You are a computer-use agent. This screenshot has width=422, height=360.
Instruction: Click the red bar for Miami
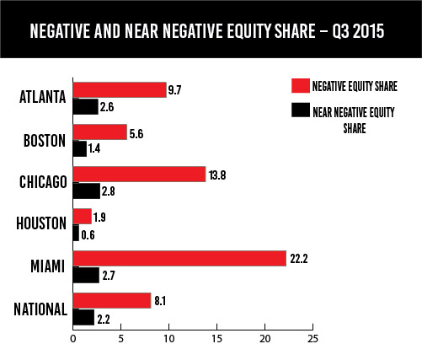(179, 258)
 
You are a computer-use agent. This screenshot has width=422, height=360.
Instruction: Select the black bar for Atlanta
(86, 106)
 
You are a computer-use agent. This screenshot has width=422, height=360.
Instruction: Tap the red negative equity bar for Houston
(83, 217)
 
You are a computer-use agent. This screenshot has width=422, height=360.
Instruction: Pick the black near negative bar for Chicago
(87, 191)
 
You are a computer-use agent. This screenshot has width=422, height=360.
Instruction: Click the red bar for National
(112, 300)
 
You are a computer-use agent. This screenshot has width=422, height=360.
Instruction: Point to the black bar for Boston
(80, 148)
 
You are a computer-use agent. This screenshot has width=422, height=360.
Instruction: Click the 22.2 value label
(299, 259)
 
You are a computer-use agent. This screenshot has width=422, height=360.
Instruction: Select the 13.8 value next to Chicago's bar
(217, 175)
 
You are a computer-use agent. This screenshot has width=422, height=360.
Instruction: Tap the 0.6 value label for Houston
(88, 235)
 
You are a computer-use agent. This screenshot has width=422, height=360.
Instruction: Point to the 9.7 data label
(174, 90)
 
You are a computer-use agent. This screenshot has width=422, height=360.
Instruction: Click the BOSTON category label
(45, 141)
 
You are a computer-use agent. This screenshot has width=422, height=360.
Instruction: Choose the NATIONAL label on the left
(40, 309)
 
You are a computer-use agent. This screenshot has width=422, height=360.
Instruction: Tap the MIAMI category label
(47, 266)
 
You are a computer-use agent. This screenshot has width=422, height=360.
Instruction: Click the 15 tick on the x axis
(217, 339)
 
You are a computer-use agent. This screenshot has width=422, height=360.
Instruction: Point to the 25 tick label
(312, 339)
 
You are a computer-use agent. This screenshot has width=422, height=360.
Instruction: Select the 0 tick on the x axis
(73, 339)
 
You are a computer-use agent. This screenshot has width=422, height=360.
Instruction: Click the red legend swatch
(301, 85)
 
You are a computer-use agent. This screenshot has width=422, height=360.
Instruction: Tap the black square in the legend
(301, 110)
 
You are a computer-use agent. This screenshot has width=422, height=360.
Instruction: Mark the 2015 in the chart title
(368, 31)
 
